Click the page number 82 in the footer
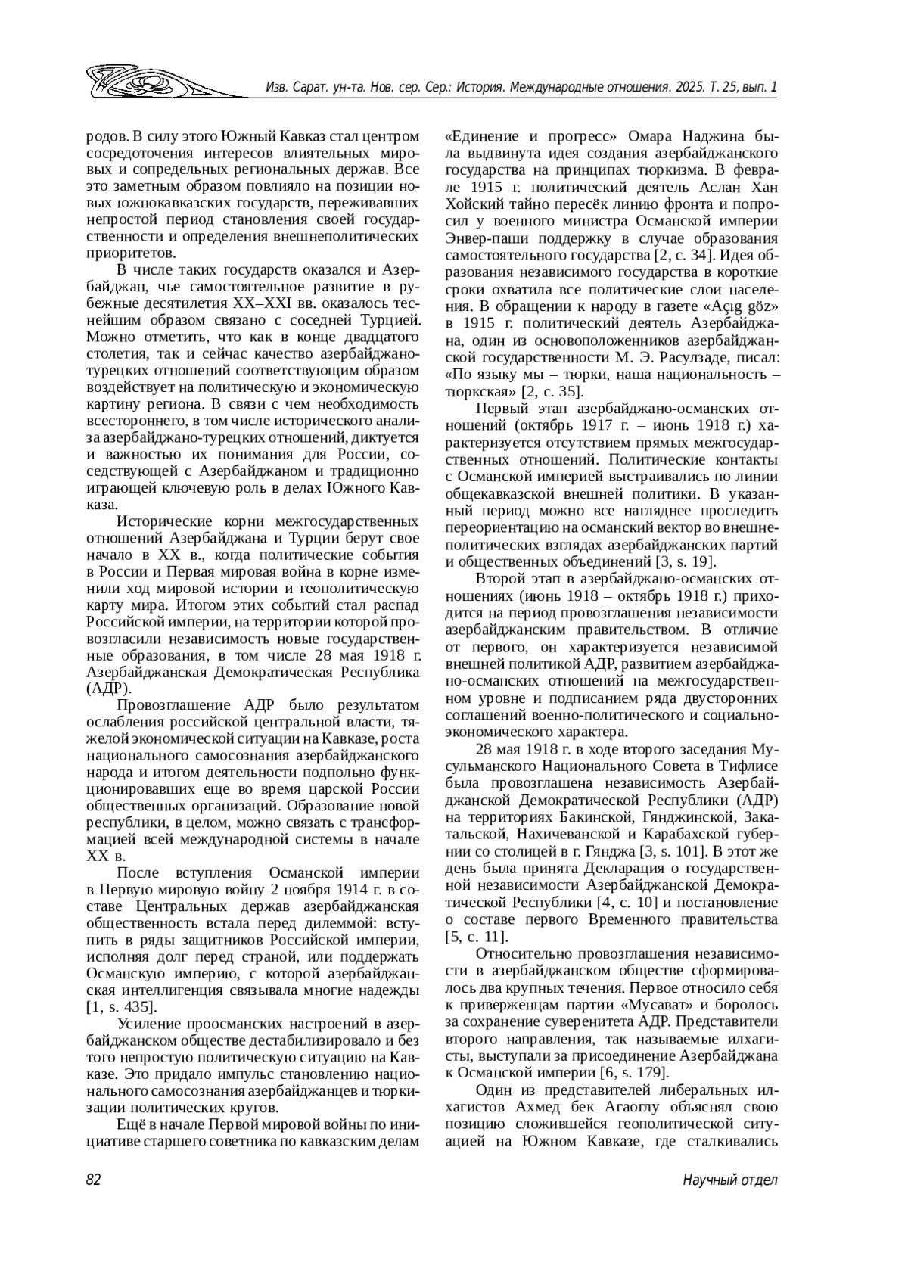[94, 1180]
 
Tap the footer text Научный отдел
[729, 1180]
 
